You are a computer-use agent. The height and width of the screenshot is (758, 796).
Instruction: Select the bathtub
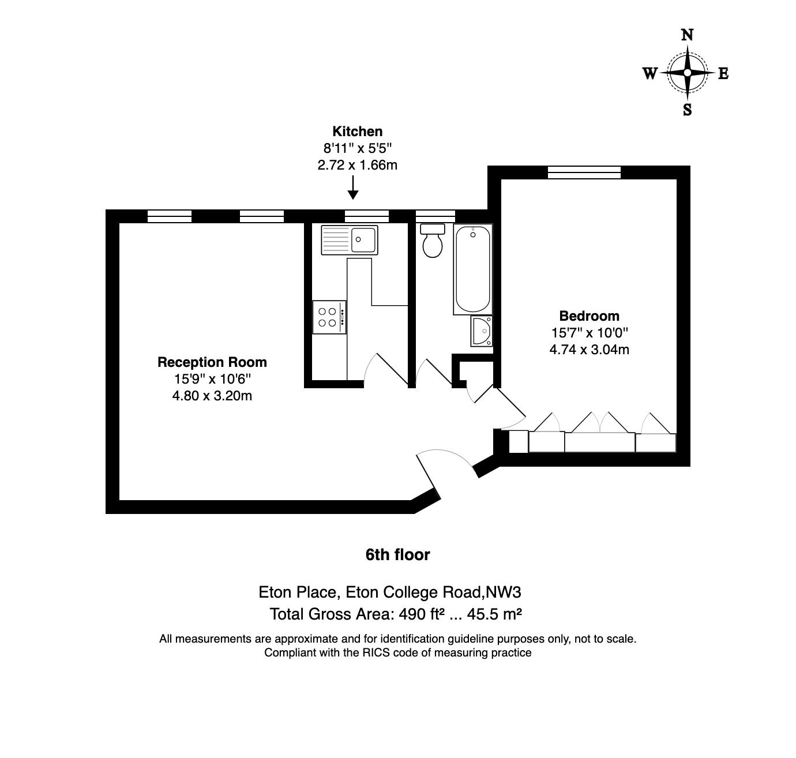[472, 269]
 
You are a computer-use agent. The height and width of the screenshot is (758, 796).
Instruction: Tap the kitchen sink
[350, 239]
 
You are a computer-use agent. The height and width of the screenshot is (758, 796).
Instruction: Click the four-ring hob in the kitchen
[329, 317]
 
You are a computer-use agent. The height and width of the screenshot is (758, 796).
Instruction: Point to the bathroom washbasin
[481, 331]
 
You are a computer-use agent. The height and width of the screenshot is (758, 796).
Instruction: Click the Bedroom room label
[589, 316]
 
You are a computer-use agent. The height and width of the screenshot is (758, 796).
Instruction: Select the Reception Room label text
[212, 362]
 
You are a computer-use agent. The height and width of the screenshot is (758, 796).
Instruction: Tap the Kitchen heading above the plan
[357, 132]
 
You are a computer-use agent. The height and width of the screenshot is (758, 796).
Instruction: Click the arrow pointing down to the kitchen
[353, 187]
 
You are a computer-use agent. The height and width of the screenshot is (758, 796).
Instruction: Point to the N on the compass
[687, 36]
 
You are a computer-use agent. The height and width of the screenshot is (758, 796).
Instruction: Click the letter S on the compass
[687, 110]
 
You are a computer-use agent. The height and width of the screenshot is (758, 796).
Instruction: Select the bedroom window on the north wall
[584, 172]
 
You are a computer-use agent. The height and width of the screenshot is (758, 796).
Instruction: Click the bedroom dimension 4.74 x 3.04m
[589, 350]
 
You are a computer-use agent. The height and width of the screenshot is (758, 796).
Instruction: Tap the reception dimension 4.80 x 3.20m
[212, 396]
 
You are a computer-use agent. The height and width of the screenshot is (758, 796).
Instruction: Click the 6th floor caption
[397, 555]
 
